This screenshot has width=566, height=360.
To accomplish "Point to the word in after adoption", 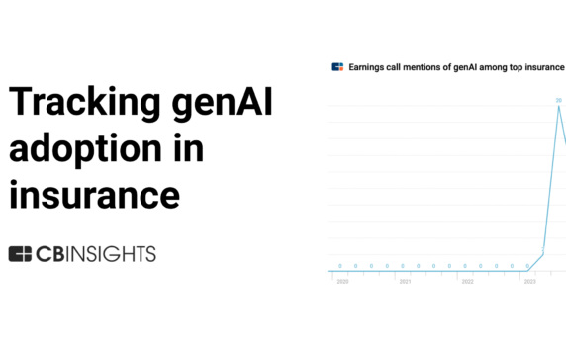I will pyautogui.click(x=188, y=147).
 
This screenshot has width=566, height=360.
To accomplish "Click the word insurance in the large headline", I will pyautogui.click(x=95, y=191).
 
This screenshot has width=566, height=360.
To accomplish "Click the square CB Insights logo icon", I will pyautogui.click(x=20, y=254).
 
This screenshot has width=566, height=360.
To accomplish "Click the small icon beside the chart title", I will pyautogui.click(x=337, y=67).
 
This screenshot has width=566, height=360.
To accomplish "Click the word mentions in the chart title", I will pyautogui.click(x=422, y=67).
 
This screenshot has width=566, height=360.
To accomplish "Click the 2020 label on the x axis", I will pyautogui.click(x=342, y=282).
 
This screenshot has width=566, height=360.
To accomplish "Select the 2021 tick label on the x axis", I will pyautogui.click(x=405, y=282).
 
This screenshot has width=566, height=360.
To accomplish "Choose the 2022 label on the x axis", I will pyautogui.click(x=467, y=282).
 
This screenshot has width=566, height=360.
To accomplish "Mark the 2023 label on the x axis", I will pyautogui.click(x=529, y=282).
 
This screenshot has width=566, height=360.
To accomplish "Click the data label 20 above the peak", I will pyautogui.click(x=559, y=100).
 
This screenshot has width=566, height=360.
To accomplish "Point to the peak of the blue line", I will pyautogui.click(x=559, y=107).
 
